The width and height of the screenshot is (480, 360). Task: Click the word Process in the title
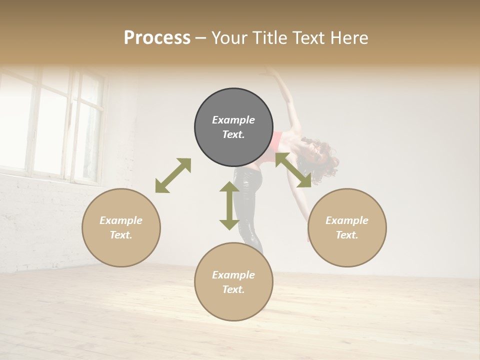[157, 38]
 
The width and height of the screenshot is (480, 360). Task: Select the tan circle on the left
[121, 228]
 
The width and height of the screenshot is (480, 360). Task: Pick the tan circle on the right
[347, 228]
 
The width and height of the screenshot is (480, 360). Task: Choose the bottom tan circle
[233, 282]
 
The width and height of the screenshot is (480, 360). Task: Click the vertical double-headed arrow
[229, 205]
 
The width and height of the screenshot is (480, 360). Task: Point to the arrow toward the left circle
[173, 175]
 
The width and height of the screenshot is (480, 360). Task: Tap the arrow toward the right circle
[293, 170]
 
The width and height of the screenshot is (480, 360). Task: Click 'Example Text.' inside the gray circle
[233, 127]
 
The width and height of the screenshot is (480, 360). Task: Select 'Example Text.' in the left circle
[121, 227]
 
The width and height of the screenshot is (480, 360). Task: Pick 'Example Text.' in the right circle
[347, 227]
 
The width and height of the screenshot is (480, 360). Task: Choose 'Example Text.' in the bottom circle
[233, 282]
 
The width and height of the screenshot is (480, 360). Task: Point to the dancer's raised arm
[285, 100]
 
